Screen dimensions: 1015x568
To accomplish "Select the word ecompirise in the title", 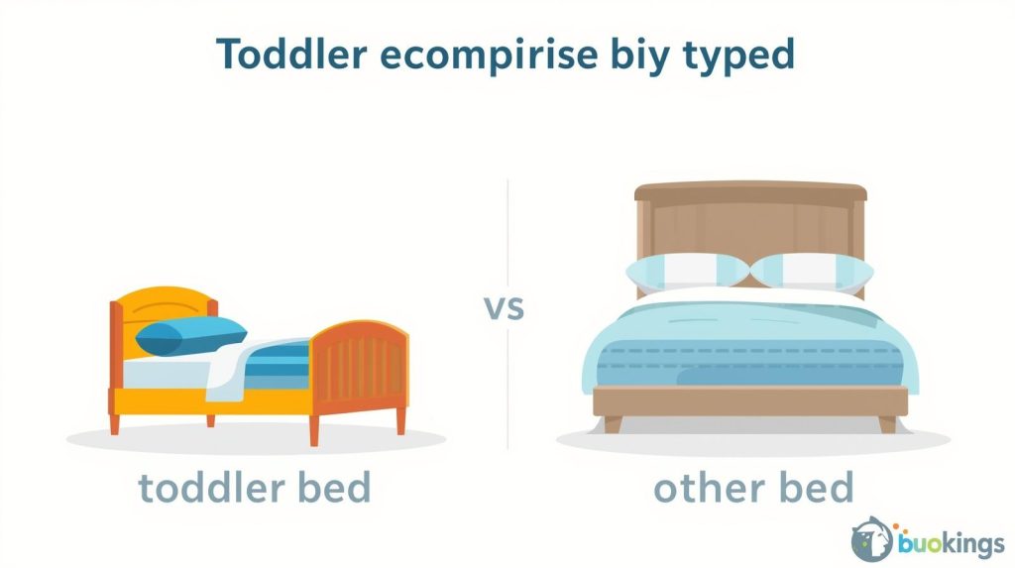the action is click(x=488, y=56).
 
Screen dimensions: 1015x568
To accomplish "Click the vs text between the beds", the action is click(x=505, y=307).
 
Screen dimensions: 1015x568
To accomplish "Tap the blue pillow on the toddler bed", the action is click(x=190, y=335).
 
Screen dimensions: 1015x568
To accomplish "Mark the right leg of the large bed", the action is click(x=887, y=424).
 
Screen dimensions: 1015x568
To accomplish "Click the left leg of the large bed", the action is click(x=613, y=424).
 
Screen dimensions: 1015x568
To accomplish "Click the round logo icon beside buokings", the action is click(x=872, y=539).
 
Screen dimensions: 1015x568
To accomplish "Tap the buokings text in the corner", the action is click(x=951, y=543).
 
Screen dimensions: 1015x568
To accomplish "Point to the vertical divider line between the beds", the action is click(x=507, y=314).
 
